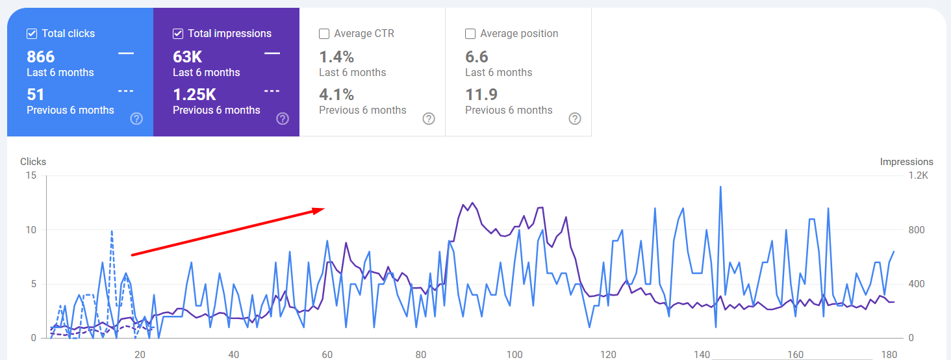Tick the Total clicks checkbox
[32, 34]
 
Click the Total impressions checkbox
[178, 34]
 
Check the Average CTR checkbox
[324, 34]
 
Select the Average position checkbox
[470, 34]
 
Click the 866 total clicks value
[41, 57]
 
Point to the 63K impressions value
[187, 57]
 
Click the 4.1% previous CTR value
[336, 95]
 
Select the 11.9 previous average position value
[481, 95]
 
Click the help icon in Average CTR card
[429, 118]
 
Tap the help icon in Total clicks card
[136, 118]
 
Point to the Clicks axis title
[33, 162]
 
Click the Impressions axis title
[906, 162]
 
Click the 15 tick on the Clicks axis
[31, 176]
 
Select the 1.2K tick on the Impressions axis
[918, 176]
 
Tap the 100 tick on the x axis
[514, 354]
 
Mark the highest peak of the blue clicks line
[720, 187]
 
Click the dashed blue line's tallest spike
[112, 231]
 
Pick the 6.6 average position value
[477, 57]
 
